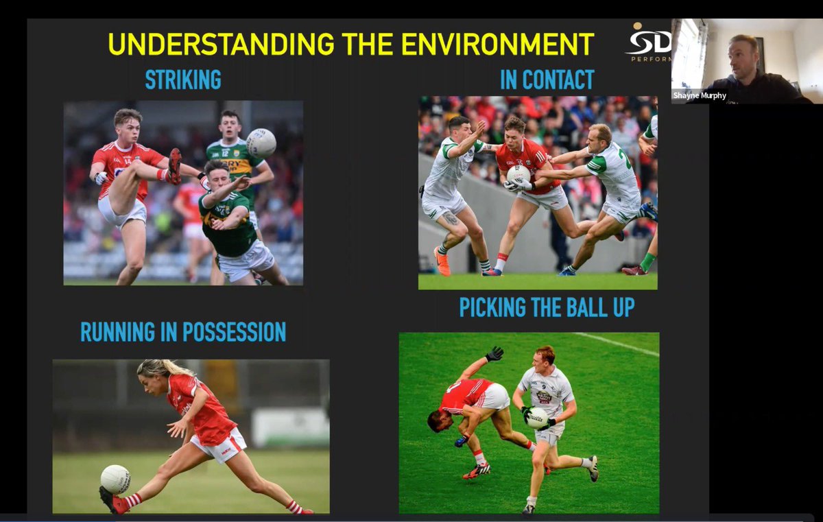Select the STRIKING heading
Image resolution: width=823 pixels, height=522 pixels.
(183, 80)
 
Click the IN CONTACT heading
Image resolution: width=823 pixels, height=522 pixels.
(547, 80)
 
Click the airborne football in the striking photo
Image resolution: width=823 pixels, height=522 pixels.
(261, 143)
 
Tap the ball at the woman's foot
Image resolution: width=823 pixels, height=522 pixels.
(115, 479)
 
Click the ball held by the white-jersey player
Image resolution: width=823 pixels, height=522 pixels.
(536, 418)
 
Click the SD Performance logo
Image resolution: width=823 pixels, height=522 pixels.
(647, 43)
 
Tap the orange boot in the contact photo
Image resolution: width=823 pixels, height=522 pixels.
(442, 261)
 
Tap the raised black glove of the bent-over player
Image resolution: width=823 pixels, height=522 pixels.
(494, 353)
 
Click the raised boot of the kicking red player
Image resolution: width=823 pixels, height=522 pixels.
(174, 166)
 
